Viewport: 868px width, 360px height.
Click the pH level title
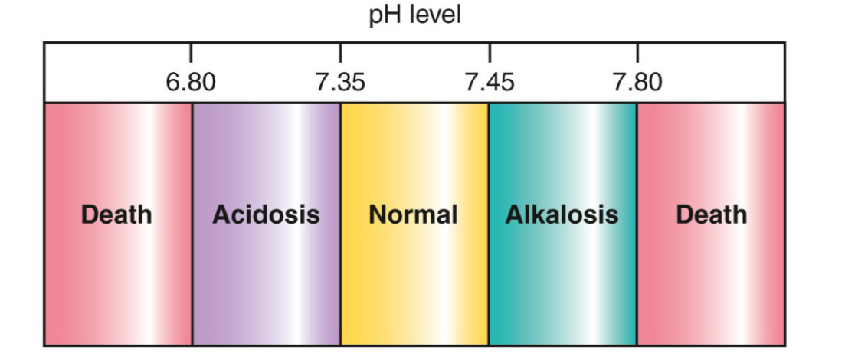coord(415,15)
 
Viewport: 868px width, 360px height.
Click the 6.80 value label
coord(191,82)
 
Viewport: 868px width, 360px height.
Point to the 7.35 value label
coord(340,82)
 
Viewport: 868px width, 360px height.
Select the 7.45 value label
coord(490,82)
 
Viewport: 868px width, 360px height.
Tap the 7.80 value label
coord(637,82)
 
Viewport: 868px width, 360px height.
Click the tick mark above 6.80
coord(191,53)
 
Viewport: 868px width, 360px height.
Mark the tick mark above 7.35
coord(340,53)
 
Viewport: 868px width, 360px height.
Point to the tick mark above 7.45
coord(490,53)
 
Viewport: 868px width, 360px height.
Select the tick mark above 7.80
coord(637,53)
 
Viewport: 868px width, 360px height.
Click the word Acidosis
coord(266,214)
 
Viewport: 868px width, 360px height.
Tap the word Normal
coord(413,214)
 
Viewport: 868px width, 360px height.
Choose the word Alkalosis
coord(562,214)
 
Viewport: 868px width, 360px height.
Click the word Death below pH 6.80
coord(116,214)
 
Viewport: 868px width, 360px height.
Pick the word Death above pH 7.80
coord(711,214)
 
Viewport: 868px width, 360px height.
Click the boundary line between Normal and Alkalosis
coord(489,291)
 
